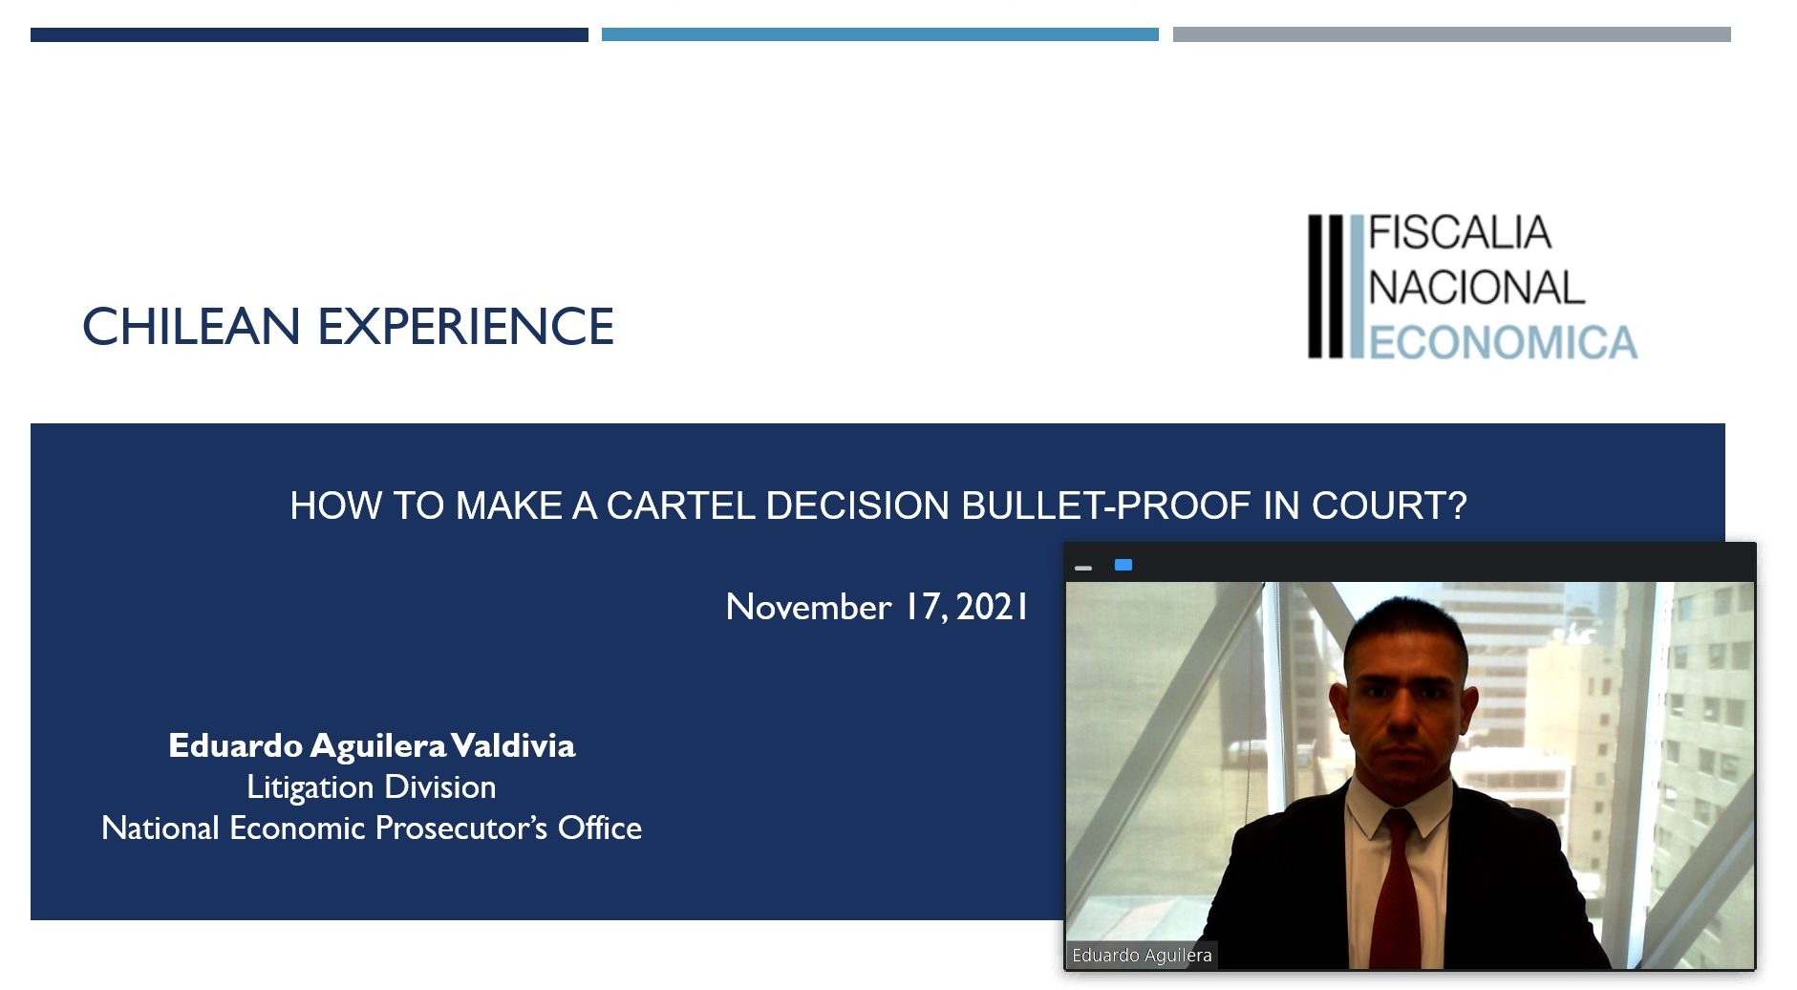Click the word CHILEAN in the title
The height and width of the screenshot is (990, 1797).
coord(192,327)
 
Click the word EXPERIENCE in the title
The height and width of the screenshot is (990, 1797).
coord(466,327)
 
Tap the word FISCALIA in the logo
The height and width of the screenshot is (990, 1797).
coord(1460,233)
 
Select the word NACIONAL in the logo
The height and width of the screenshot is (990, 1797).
coord(1477,288)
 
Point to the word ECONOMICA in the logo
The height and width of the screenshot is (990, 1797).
coord(1504,343)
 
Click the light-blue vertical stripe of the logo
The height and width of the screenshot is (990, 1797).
coord(1357,287)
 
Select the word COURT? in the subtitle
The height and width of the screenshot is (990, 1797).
coord(1389,506)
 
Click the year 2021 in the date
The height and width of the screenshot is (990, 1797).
coord(992,607)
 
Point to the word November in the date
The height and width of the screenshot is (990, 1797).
coord(808,607)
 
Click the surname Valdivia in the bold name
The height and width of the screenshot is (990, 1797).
coord(513,745)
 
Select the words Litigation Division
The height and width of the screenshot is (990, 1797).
coord(372,786)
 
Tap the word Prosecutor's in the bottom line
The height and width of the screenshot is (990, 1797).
coord(461,828)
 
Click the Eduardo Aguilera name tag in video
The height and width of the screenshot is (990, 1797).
coord(1142,955)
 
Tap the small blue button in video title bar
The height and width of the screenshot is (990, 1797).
coord(1123,565)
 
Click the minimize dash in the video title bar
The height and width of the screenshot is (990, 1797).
coord(1083,568)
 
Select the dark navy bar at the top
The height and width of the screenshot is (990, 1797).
coord(310,34)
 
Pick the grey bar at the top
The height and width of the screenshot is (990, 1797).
coord(1452,34)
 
